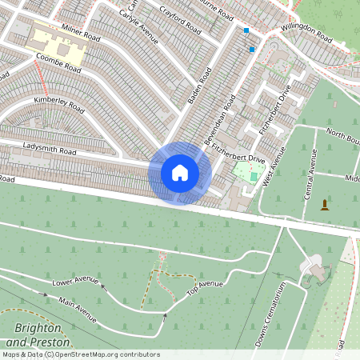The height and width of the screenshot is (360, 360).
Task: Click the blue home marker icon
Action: pos(180,173)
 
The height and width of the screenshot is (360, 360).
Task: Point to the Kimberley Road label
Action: pos(58,103)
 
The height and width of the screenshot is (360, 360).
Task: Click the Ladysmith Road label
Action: pos(50,149)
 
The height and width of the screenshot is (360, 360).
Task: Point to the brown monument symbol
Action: pos(324,205)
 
